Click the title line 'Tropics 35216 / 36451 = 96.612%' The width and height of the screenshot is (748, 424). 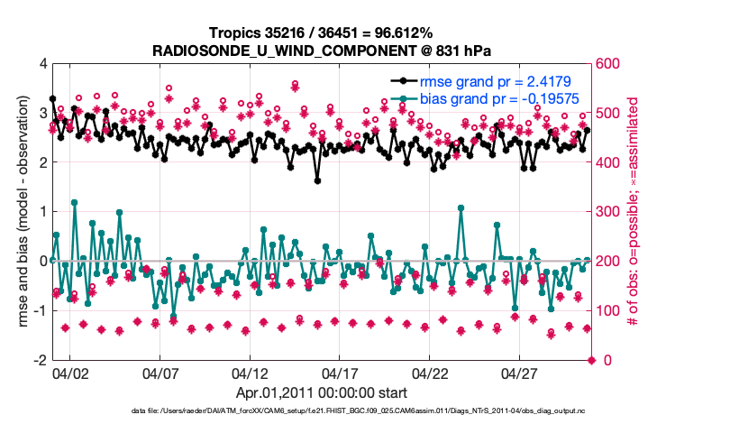tap(323, 33)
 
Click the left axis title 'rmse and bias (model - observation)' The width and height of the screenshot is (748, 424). tap(18, 212)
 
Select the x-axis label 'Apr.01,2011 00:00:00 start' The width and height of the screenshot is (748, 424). tap(323, 392)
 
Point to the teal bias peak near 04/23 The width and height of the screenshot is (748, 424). tap(461, 207)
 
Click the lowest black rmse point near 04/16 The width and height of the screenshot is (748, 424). tap(317, 180)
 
